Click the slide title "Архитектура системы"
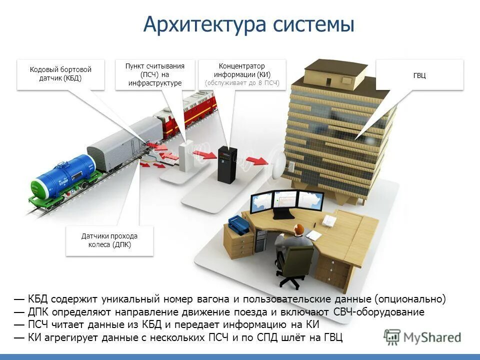[x=248, y=24]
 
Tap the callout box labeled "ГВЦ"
[x=419, y=75]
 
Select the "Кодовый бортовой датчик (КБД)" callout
[x=60, y=74]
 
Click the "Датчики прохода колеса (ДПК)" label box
[x=109, y=240]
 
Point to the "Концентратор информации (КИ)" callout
[x=242, y=74]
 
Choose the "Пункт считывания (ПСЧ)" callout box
[x=155, y=74]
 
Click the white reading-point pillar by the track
[x=186, y=155]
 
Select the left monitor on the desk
[x=261, y=202]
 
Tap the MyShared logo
[x=422, y=337]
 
